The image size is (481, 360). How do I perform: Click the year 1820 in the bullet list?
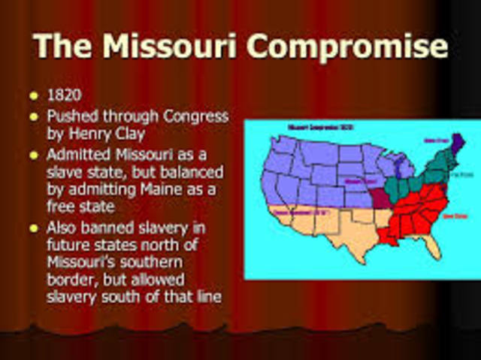pos(65,97)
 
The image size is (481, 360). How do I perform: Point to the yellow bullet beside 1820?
pos(33,97)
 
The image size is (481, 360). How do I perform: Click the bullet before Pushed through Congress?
pos(33,118)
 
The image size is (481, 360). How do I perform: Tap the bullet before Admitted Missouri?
pos(33,156)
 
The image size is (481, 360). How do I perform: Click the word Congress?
pos(193,117)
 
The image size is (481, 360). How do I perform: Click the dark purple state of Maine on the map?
pos(455,143)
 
